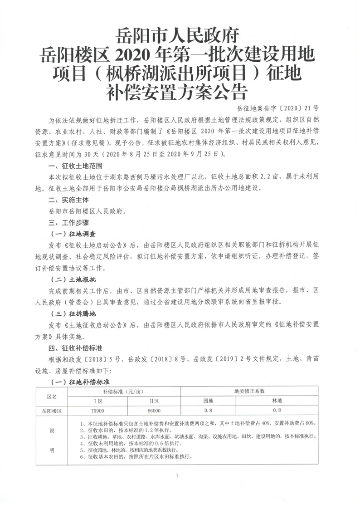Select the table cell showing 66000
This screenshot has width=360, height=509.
click(154, 410)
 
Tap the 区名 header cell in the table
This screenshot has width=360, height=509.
click(52, 396)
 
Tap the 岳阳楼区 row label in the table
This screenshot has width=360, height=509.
click(52, 410)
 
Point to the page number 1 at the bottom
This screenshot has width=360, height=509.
click(180, 475)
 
